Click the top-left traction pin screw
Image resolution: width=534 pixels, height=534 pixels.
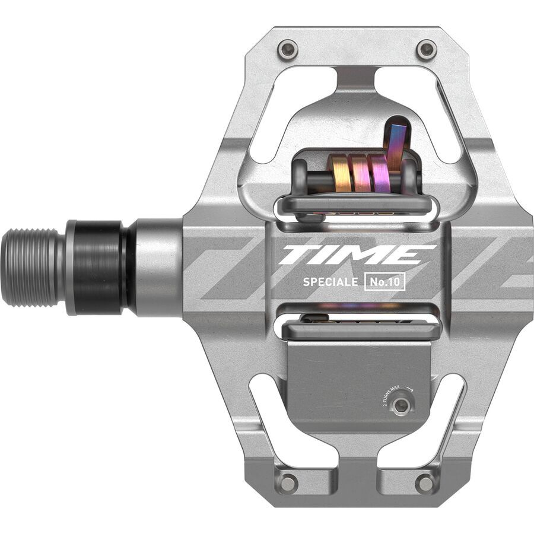point(288,49)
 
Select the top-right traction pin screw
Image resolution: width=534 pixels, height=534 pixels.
point(426,49)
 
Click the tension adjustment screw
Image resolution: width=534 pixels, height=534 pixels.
point(402,405)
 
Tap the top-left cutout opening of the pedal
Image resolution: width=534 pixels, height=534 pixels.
point(285,113)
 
